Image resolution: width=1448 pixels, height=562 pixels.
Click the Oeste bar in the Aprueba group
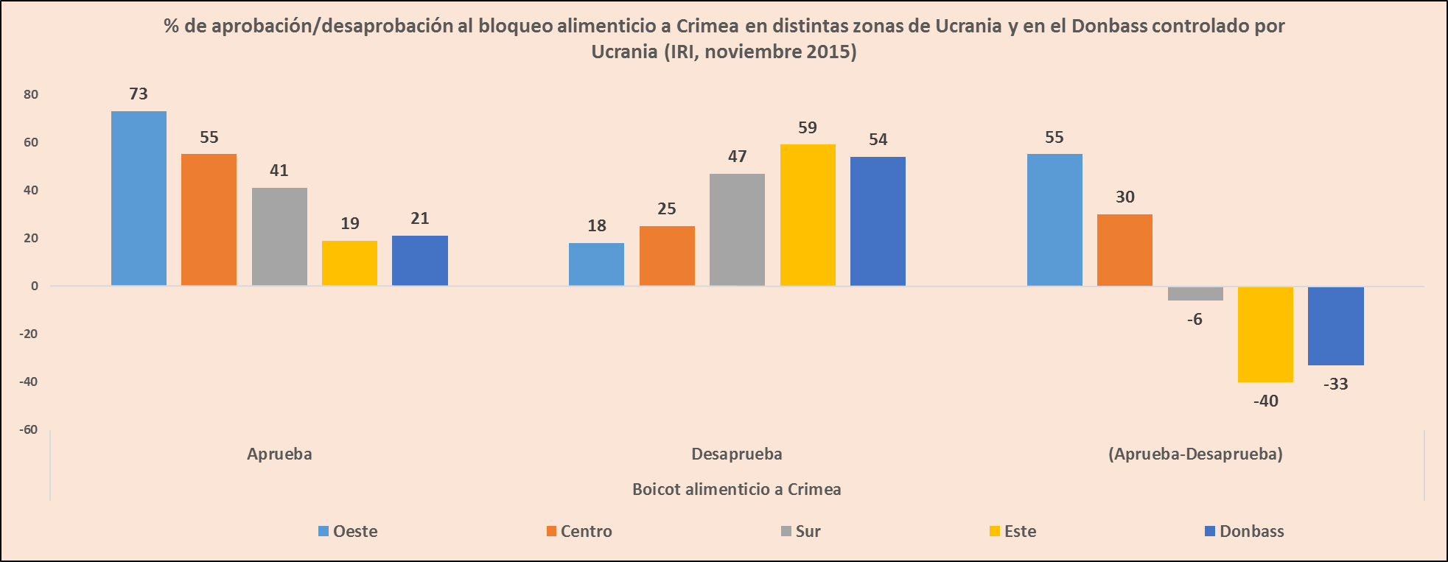point(139,198)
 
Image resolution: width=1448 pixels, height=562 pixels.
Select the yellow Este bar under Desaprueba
point(808,215)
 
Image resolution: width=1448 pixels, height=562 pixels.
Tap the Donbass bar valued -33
point(1335,326)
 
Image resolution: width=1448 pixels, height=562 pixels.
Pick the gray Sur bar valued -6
point(1195,293)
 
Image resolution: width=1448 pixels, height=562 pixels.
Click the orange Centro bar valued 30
point(1125,250)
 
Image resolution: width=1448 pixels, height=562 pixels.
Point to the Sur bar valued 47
point(737,229)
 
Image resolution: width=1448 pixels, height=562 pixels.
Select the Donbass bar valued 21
point(420,260)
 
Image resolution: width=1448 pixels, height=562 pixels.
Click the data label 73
point(139,94)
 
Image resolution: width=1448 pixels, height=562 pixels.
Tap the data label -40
point(1265,401)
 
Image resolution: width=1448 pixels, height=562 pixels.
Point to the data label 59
point(808,128)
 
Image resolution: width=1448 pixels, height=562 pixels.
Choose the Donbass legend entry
point(1245,531)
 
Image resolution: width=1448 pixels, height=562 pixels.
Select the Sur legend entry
point(801,531)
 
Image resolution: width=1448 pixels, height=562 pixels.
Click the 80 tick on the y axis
point(31,94)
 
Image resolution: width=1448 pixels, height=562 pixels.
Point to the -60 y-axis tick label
point(29,429)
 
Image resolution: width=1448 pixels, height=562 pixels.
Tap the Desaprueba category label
point(736,454)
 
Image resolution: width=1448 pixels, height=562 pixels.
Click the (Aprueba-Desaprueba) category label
point(1195,454)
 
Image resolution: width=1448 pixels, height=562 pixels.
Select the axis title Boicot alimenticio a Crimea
point(736,489)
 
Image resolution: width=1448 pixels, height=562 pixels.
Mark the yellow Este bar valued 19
point(349,263)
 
